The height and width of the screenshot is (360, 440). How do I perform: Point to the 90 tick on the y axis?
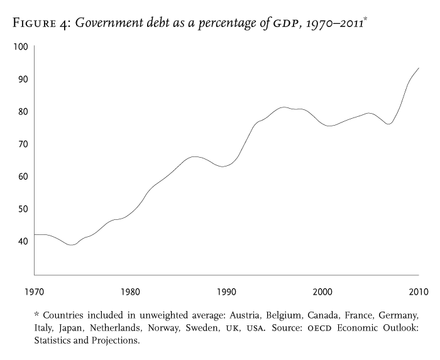pos(21,79)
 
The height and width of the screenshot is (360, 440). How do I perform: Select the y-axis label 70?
pos(21,144)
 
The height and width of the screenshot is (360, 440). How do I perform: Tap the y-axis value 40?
pos(21,241)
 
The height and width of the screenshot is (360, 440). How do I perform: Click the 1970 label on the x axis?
pos(34,292)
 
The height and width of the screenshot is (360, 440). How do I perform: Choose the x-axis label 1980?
pos(130,292)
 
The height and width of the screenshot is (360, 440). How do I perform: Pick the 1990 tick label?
pos(227,292)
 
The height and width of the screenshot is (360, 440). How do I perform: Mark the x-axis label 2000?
pos(322,292)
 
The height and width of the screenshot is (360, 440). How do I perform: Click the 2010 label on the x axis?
pos(418,292)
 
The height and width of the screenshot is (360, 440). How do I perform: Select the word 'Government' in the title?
pos(119,24)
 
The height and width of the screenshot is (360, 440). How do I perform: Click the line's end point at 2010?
pos(419,68)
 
